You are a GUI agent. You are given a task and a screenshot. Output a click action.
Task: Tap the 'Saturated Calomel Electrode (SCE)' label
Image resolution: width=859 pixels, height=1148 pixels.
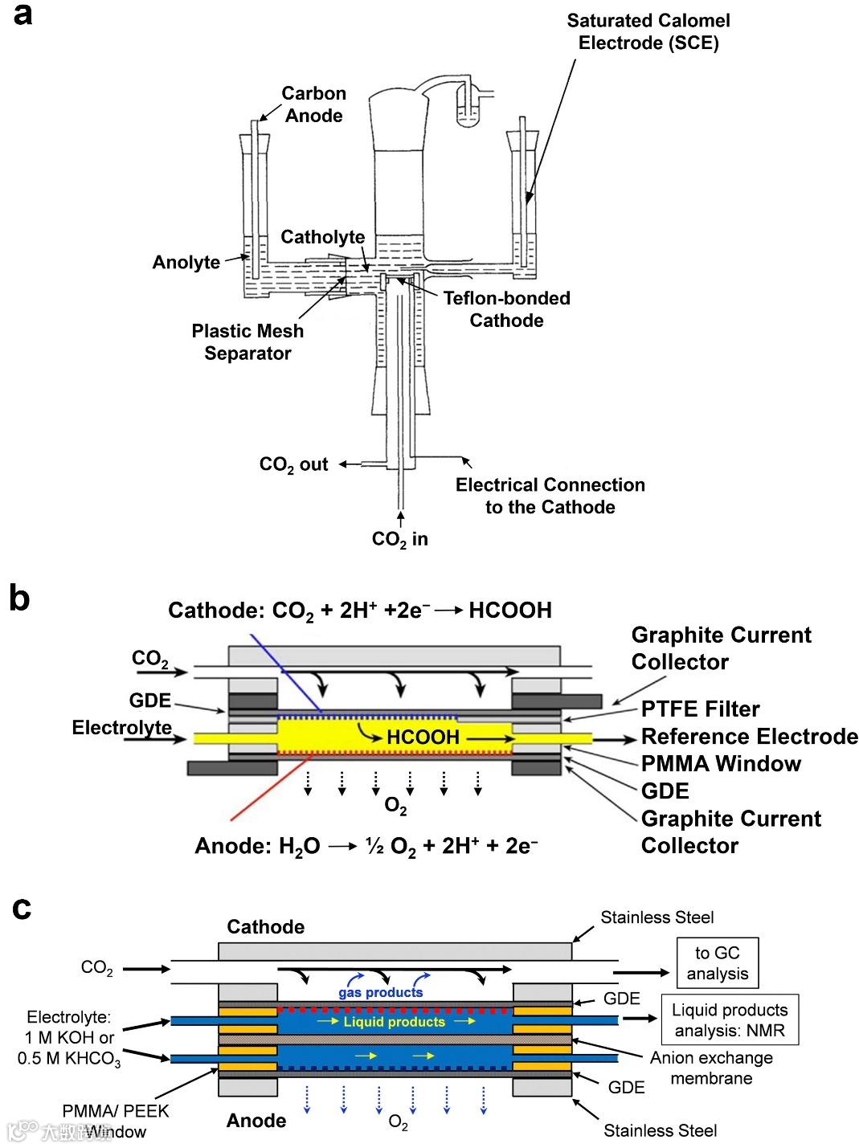[648, 32]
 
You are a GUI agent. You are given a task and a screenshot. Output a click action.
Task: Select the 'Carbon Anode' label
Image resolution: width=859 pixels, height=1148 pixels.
[313, 104]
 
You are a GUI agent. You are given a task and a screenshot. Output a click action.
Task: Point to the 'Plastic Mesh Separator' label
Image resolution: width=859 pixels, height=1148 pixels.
[247, 342]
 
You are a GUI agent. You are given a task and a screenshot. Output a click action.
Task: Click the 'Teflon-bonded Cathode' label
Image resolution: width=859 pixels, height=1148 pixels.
[506, 309]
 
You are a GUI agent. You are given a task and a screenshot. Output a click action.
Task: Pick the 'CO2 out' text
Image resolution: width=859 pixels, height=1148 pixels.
[293, 465]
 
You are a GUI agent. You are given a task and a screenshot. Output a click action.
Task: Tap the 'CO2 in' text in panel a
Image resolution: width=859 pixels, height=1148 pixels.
[399, 539]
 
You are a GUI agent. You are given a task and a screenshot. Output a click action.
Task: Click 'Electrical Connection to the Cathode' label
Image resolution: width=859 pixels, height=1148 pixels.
[550, 496]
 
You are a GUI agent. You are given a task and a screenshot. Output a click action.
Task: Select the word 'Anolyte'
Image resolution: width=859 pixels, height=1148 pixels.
[186, 262]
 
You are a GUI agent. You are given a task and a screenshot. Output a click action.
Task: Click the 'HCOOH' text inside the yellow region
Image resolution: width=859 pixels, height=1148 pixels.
[423, 737]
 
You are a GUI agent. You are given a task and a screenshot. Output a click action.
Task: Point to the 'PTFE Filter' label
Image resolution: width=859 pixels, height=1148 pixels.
[700, 709]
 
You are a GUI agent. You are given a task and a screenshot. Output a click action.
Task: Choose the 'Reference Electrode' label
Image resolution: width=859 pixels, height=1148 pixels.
[749, 737]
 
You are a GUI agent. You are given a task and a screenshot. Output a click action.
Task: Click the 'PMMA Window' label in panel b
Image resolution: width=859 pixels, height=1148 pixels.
[721, 763]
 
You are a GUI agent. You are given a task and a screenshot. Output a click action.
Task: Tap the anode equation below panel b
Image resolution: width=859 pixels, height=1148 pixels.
[366, 846]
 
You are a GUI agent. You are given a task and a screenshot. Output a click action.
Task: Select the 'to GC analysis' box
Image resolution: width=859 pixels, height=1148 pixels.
[717, 963]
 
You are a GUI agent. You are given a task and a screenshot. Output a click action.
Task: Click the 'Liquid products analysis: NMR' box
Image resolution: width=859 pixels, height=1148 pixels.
[730, 1020]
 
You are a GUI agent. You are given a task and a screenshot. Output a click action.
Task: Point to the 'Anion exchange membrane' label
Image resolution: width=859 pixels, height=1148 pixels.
[711, 1068]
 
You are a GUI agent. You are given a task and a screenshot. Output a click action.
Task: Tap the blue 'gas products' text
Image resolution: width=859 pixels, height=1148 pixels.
[380, 993]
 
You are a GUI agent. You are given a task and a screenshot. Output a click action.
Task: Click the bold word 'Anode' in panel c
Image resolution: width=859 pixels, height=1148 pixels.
[256, 1121]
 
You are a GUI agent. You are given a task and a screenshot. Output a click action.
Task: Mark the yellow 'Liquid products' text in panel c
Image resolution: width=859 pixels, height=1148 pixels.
[394, 1022]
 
